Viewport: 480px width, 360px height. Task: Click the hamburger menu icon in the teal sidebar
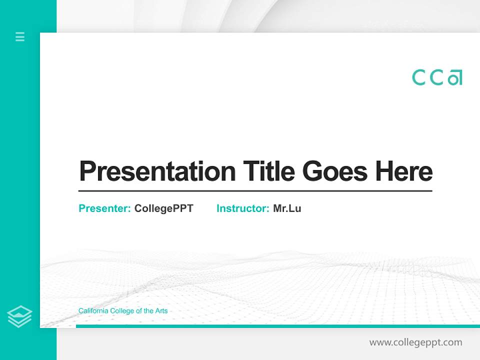point(20,36)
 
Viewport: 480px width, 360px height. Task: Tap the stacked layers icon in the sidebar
point(19,316)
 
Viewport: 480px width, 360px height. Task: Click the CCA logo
point(437,77)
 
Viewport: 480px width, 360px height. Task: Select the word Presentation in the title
point(157,171)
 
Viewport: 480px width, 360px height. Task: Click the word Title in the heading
point(268,171)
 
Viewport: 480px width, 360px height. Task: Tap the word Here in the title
point(404,171)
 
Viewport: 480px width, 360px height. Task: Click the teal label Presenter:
point(104,208)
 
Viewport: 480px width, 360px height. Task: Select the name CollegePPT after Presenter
point(163,208)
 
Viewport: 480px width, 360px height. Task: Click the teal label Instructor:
point(242,208)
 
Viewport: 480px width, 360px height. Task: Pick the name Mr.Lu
point(287,208)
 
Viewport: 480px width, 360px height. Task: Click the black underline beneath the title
point(255,190)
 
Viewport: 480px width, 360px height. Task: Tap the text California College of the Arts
point(123,311)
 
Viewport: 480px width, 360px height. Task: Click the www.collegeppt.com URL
point(415,342)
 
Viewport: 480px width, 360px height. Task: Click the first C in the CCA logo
point(419,77)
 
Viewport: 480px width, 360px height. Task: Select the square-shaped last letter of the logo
point(455,78)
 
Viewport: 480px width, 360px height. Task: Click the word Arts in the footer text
point(161,311)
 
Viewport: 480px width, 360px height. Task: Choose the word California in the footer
point(91,311)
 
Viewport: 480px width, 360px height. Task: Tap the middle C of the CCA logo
point(437,77)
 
